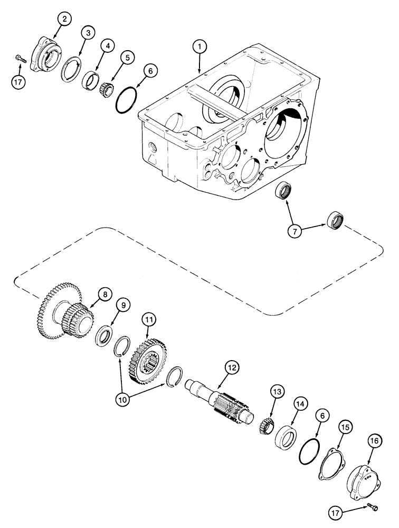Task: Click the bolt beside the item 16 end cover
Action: click(372, 508)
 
